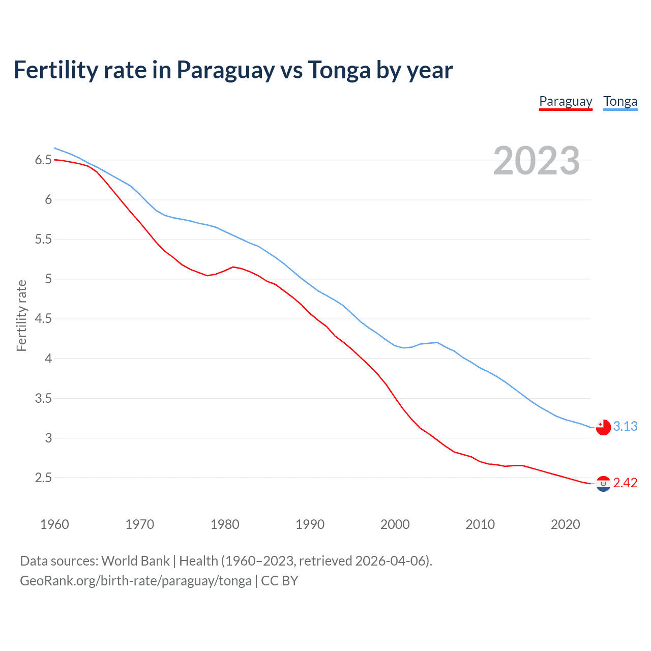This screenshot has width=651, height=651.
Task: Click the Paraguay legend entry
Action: click(566, 102)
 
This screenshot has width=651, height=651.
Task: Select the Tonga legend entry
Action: click(620, 102)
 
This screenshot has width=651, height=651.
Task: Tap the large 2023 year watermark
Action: click(537, 161)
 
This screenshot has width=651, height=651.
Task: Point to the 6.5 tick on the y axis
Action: click(43, 160)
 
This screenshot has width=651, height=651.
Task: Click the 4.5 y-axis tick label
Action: click(43, 319)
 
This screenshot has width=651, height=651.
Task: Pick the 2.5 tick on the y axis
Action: click(43, 478)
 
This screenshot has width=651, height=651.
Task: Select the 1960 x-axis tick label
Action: click(54, 524)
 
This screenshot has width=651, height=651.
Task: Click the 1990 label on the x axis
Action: click(310, 524)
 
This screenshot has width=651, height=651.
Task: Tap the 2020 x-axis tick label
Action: click(565, 524)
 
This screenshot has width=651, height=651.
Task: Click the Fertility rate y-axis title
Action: click(21, 315)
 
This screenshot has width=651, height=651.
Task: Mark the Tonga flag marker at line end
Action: click(603, 427)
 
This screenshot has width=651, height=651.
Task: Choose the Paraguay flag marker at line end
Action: click(603, 484)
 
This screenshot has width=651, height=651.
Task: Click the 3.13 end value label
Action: click(625, 427)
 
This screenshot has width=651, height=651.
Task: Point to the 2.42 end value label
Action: click(625, 483)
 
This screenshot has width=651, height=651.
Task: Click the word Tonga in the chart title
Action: click(339, 70)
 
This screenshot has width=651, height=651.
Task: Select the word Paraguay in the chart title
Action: click(225, 70)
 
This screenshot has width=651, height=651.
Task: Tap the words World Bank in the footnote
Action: click(135, 561)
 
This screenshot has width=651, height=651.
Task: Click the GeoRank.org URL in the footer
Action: click(135, 581)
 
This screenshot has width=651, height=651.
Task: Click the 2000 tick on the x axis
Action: click(395, 524)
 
